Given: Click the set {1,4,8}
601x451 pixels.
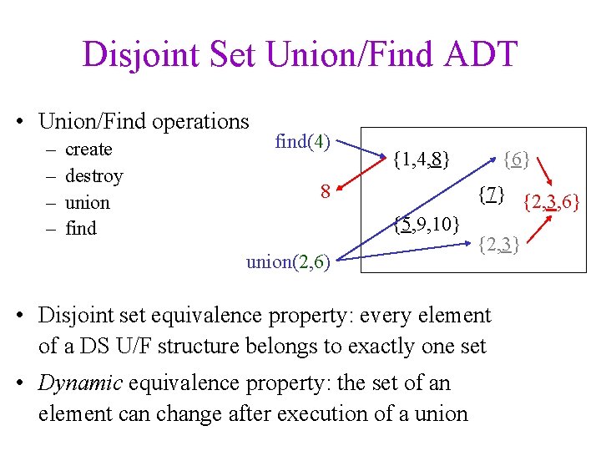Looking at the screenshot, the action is pyautogui.click(x=422, y=157).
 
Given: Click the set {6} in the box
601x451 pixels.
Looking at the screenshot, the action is pyautogui.click(x=518, y=157).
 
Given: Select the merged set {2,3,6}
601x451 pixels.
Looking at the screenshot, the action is pyautogui.click(x=551, y=201).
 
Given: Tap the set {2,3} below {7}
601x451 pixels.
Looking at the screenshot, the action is pyautogui.click(x=500, y=244).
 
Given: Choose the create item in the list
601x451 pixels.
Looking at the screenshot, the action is pyautogui.click(x=88, y=149).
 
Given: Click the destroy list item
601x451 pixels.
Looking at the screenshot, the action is pyautogui.click(x=93, y=175).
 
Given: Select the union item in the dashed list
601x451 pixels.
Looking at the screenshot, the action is pyautogui.click(x=87, y=202).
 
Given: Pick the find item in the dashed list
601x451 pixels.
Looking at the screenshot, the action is pyautogui.click(x=81, y=228).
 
